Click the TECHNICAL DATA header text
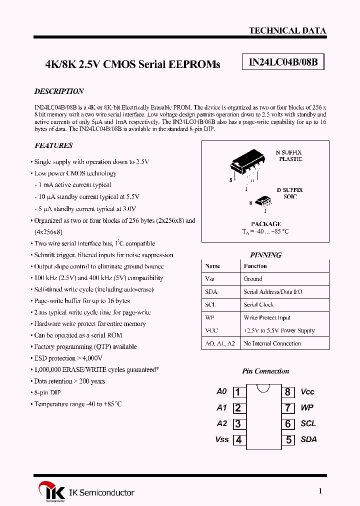click(287, 30)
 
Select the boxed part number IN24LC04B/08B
click(283, 62)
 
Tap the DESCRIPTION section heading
click(58, 91)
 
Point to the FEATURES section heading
click(53, 145)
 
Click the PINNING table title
click(265, 255)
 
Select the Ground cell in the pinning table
click(253, 279)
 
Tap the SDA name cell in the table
click(211, 292)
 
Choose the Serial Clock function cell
click(259, 305)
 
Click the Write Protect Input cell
click(266, 318)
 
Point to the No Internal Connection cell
click(272, 343)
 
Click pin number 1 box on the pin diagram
click(238, 392)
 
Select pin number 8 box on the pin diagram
click(288, 392)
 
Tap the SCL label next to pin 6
click(308, 423)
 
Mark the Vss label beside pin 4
click(222, 439)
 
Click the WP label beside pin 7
click(307, 408)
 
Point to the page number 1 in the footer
click(320, 491)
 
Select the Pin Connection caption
click(265, 371)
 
